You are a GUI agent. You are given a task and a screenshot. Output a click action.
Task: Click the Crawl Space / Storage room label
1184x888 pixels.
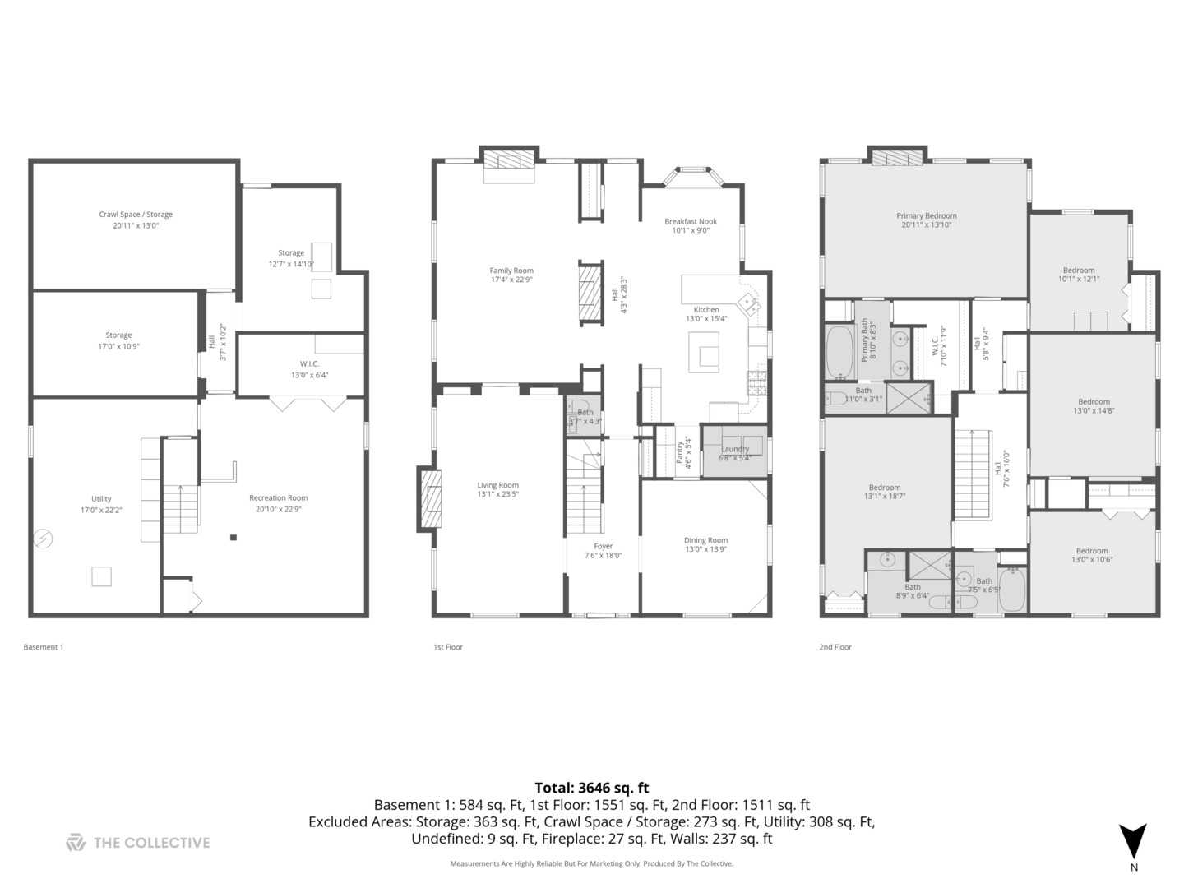pyautogui.click(x=136, y=215)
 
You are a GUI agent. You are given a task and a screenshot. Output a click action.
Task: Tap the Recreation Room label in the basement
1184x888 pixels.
pyautogui.click(x=278, y=498)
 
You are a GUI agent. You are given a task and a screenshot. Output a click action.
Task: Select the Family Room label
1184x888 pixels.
pyautogui.click(x=511, y=271)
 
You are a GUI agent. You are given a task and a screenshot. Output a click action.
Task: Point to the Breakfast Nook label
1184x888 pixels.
pyautogui.click(x=691, y=221)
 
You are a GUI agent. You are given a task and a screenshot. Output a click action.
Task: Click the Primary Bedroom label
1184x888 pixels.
pyautogui.click(x=927, y=216)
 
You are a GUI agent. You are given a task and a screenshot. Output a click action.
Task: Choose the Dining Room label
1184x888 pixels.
pyautogui.click(x=705, y=540)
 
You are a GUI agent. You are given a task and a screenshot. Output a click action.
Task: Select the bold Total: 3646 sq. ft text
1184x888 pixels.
pyautogui.click(x=591, y=788)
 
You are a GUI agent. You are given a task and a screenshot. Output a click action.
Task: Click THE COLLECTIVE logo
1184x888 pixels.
pyautogui.click(x=138, y=842)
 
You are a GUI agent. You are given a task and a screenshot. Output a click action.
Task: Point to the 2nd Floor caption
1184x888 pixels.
pyautogui.click(x=835, y=647)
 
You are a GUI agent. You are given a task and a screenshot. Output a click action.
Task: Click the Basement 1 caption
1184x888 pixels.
pyautogui.click(x=43, y=647)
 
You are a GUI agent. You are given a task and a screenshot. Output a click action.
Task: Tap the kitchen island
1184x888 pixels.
pyautogui.click(x=704, y=352)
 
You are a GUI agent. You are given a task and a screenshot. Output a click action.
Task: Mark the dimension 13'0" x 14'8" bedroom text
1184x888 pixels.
pyautogui.click(x=1094, y=411)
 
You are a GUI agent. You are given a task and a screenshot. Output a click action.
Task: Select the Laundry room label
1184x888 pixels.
pyautogui.click(x=734, y=449)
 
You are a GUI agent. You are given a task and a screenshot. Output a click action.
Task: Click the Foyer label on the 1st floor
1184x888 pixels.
pyautogui.click(x=604, y=546)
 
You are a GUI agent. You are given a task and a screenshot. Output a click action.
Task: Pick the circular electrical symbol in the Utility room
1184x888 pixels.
pyautogui.click(x=43, y=539)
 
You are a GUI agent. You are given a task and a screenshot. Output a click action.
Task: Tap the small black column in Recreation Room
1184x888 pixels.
pyautogui.click(x=234, y=538)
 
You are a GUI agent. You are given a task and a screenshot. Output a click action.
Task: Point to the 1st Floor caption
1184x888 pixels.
pyautogui.click(x=448, y=647)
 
